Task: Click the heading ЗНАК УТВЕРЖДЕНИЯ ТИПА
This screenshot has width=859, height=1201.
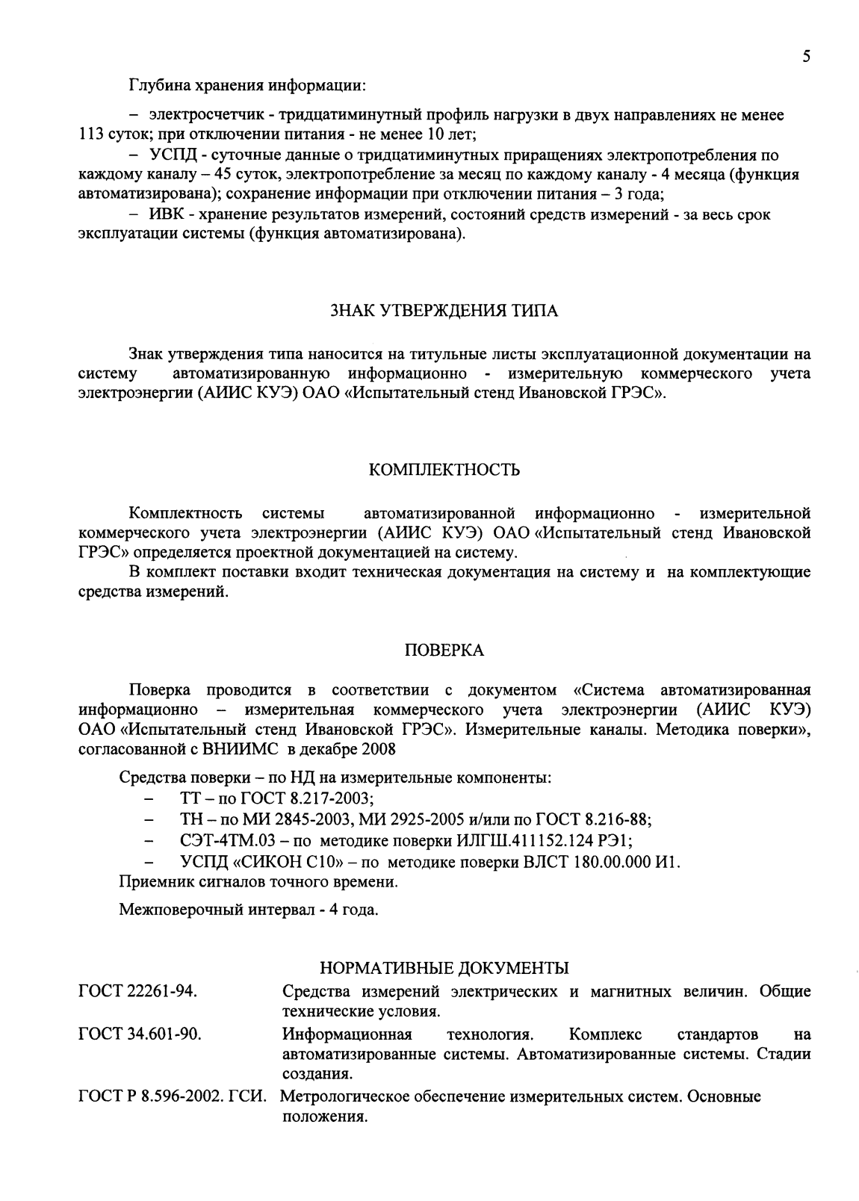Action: [444, 311]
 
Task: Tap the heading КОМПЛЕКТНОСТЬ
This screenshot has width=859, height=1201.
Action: [444, 470]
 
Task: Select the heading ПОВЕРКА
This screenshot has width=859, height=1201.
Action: [444, 651]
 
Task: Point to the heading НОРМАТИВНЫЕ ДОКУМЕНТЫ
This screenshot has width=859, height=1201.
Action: [444, 968]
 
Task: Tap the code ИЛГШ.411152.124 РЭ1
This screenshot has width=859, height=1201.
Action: [544, 840]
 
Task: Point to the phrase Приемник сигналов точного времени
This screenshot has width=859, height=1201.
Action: [258, 882]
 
